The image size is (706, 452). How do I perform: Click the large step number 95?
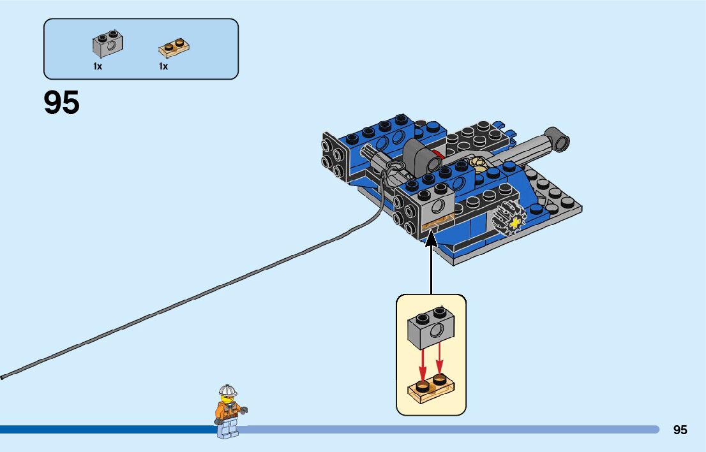[x=62, y=103]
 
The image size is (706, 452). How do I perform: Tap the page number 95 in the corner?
[x=680, y=430]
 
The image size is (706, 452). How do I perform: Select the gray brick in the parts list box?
[x=108, y=44]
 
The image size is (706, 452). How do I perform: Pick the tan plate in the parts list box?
[x=174, y=48]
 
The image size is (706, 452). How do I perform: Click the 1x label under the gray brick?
[x=98, y=66]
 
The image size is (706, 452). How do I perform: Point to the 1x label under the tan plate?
[x=163, y=66]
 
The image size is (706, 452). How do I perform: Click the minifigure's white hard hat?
[x=227, y=390]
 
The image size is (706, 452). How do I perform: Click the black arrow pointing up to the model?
[x=431, y=261]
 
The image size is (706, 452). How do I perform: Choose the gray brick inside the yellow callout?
[x=431, y=330]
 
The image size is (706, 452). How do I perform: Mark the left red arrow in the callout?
[x=422, y=363]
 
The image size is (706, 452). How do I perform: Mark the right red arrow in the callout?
[x=440, y=362]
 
